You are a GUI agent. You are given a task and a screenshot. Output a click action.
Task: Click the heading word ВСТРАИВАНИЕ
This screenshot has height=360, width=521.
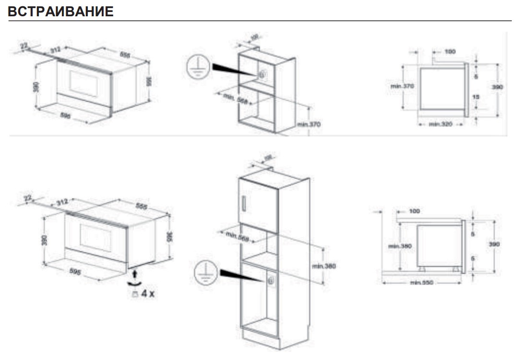pos(61,12)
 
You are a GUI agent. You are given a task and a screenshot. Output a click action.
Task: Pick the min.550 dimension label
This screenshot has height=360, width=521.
pos(421,283)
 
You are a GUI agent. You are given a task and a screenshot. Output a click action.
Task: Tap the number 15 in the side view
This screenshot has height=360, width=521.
pos(476,97)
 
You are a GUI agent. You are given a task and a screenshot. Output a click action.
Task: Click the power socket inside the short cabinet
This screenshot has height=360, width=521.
pos(262,75)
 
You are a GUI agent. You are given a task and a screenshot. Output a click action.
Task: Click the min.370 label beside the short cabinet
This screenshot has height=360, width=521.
pos(308,125)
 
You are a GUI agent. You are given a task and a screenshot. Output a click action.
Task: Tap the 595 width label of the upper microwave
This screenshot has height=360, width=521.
pos(66,116)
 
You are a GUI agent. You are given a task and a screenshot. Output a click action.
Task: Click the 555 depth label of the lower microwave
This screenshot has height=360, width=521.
pos(141,207)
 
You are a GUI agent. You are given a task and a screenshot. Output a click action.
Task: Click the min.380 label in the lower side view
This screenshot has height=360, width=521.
pos(400,246)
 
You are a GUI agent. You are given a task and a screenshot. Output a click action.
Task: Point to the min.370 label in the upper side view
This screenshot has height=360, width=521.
pos(402,86)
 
